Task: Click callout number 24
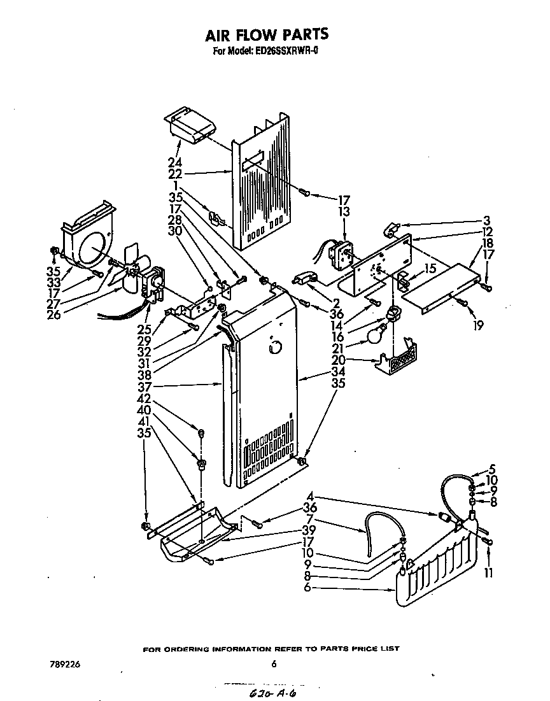173,162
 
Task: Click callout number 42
144,398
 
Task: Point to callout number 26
54,314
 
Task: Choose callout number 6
307,588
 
